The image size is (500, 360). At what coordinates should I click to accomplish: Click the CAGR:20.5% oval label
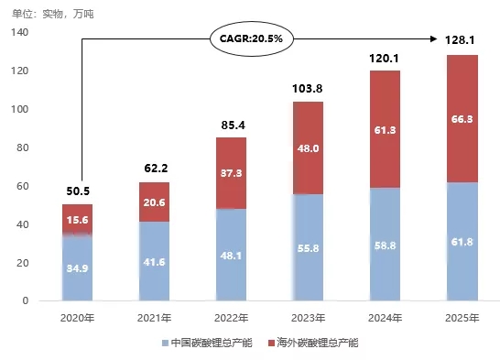(x=249, y=39)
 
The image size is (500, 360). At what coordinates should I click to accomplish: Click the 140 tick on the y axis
(x=19, y=33)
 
